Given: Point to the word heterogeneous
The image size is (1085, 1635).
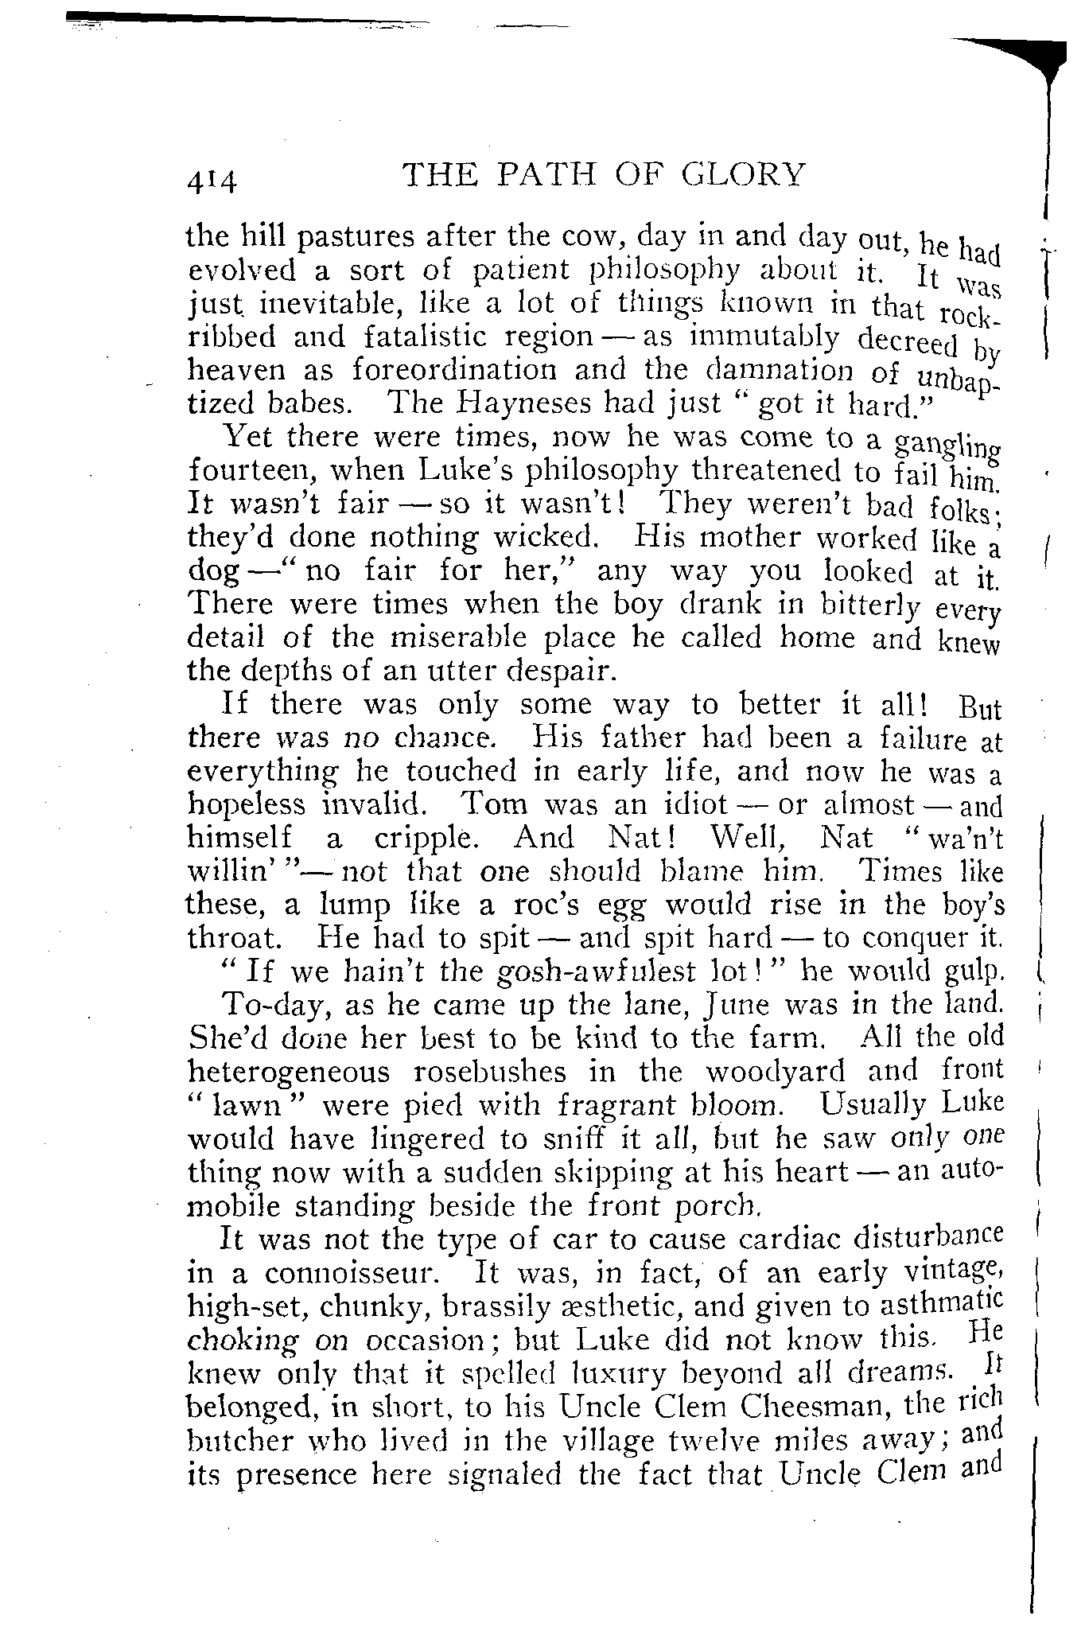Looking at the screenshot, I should tap(289, 1072).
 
